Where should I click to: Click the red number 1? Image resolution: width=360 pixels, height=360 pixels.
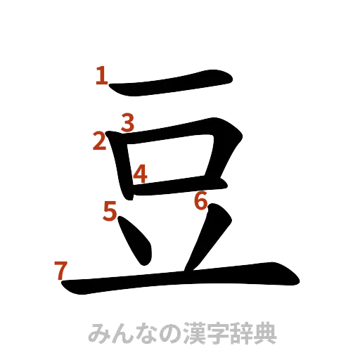pos(103,76)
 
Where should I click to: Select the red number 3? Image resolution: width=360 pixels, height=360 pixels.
pos(127,123)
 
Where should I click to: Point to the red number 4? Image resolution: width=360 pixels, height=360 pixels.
pos(139,173)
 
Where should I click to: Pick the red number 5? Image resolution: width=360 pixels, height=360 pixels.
pos(110,210)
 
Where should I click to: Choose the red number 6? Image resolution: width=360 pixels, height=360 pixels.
pos(200,202)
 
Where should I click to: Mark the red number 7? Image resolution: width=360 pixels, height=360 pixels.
pos(60,269)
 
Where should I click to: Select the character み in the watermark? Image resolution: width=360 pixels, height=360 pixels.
pos(96,332)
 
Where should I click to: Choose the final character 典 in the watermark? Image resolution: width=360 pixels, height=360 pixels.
pos(268,332)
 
